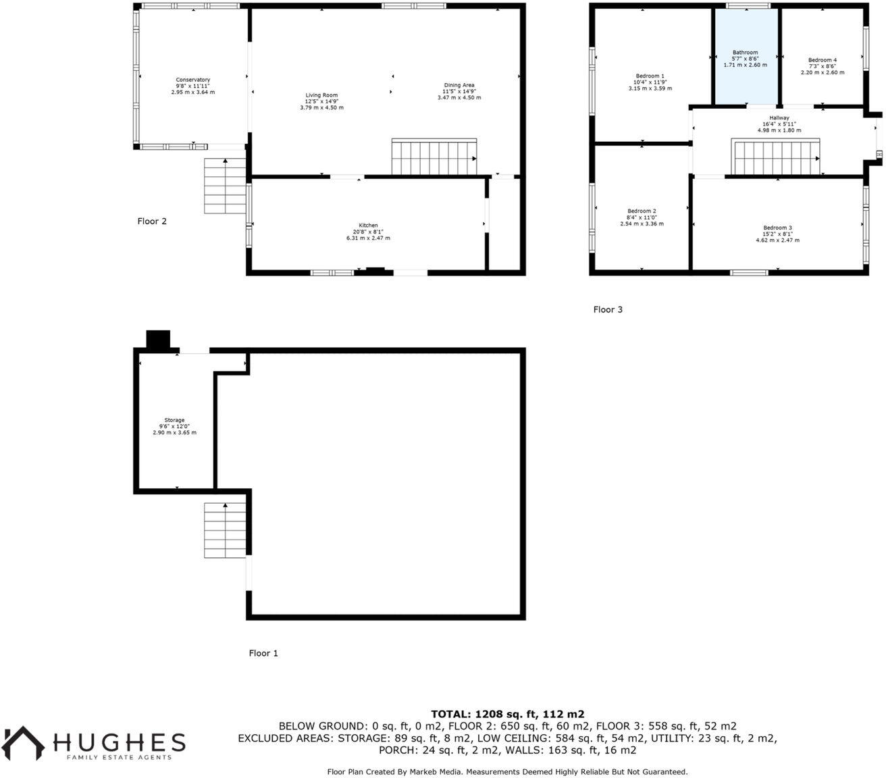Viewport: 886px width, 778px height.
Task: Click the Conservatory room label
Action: tap(193, 80)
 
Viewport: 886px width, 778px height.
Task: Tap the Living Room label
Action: tap(321, 96)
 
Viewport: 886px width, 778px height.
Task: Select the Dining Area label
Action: tap(459, 86)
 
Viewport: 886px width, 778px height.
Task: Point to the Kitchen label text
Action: tap(368, 226)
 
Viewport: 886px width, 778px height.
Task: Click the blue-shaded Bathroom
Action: tap(746, 57)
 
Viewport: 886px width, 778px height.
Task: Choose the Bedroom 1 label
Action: tap(650, 76)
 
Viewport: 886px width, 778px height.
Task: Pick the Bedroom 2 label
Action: tap(642, 211)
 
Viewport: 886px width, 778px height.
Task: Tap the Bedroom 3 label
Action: tap(778, 228)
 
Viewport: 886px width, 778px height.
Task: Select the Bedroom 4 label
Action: tap(823, 60)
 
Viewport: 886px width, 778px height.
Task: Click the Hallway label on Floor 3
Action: tap(779, 118)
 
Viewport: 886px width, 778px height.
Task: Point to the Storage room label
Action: tap(174, 421)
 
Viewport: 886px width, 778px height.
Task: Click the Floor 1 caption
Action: tap(263, 653)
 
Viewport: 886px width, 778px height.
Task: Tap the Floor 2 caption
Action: tap(152, 221)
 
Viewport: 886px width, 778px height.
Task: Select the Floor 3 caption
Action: tap(608, 309)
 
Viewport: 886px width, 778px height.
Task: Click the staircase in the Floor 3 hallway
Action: tap(776, 157)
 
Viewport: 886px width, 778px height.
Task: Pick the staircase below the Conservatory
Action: tap(225, 186)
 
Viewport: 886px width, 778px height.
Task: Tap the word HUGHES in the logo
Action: tap(120, 742)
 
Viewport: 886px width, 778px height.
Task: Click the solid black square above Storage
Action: tap(159, 340)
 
